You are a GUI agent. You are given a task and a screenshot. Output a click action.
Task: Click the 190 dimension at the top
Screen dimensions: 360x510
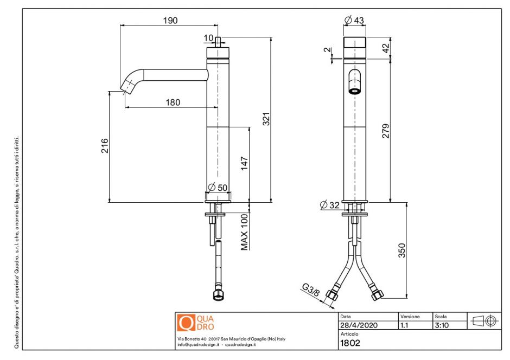coord(170,21)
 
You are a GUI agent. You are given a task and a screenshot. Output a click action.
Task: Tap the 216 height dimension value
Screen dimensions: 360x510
coord(105,146)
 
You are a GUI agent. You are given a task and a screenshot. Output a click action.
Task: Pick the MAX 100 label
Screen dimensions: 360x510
coord(245,232)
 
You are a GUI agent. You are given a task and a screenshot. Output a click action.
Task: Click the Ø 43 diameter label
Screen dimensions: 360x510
coord(354,21)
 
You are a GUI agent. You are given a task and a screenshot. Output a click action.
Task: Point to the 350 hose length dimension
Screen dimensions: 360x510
coord(402,251)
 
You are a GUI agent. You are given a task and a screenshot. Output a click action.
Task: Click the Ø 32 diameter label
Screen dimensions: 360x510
coord(330,204)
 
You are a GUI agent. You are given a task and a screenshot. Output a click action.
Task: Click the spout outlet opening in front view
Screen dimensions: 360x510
coord(354,91)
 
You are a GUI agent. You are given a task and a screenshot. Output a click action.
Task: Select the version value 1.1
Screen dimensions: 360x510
coord(405,325)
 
